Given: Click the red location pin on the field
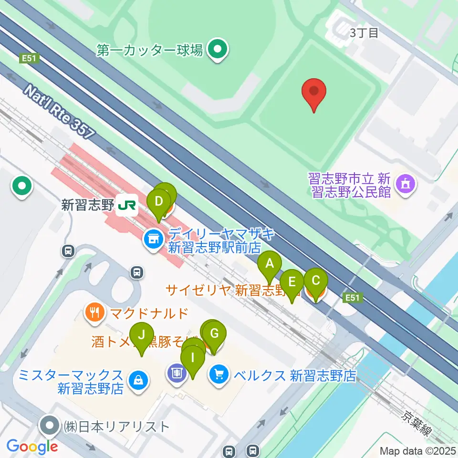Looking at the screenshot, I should pos(314,94).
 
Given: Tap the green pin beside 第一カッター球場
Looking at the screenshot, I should pos(218,49).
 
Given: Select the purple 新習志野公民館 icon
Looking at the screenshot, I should pos(406,183).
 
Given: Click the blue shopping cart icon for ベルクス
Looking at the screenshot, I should pos(219,374).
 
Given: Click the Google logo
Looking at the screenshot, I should pos(32,446).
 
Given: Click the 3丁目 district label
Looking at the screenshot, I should pos(364,33).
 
